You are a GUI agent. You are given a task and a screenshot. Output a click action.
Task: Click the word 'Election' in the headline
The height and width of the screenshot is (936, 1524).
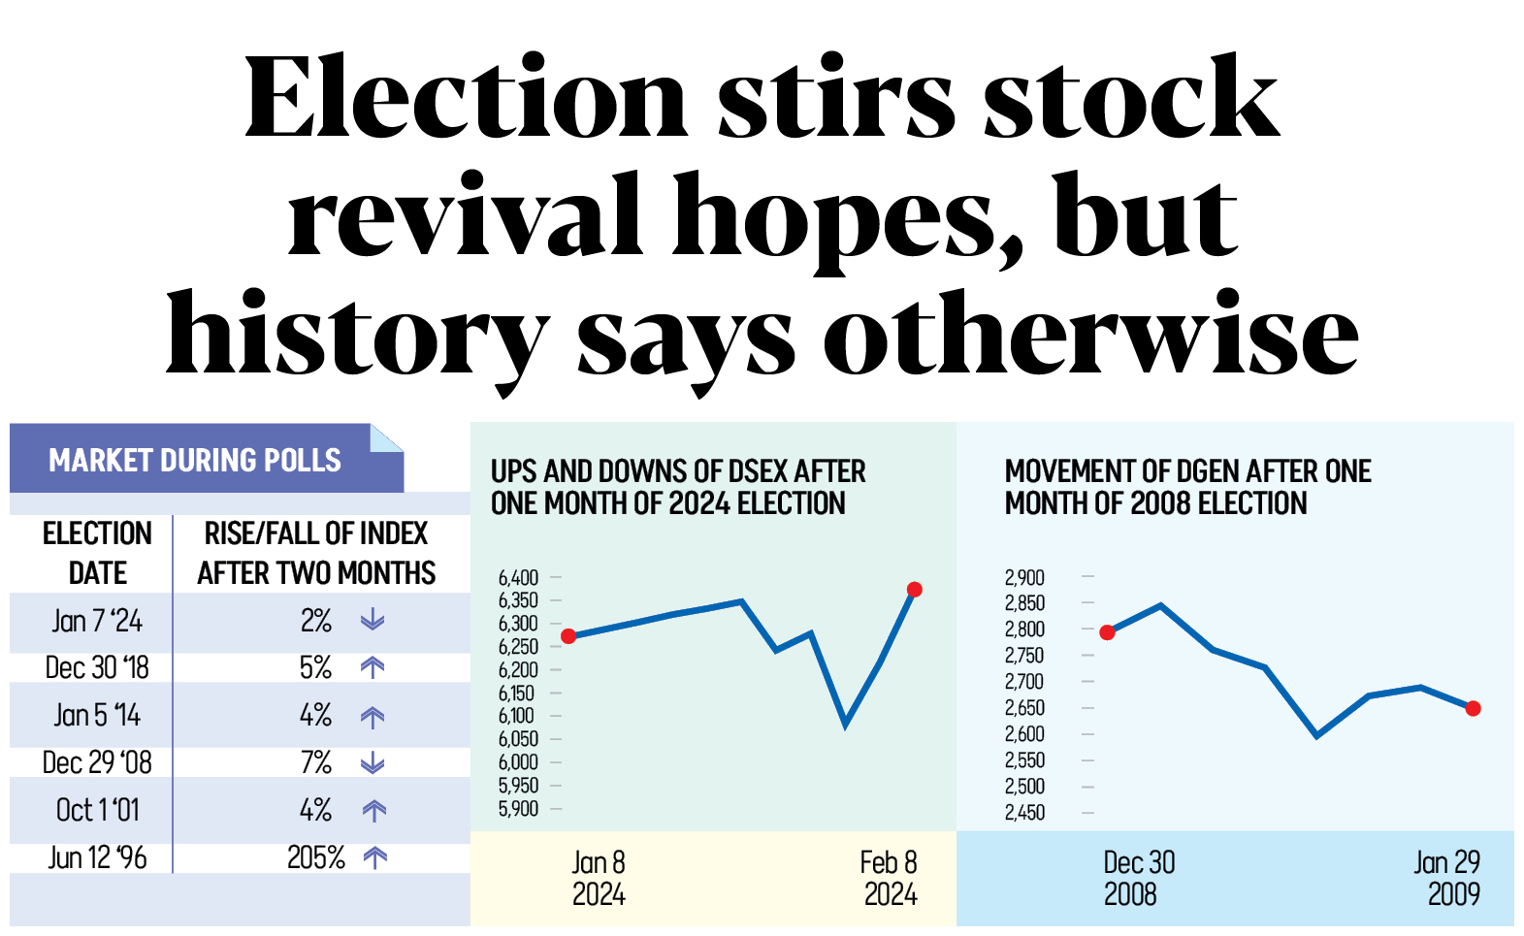[466, 99]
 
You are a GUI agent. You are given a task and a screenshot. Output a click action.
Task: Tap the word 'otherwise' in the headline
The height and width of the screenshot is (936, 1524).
[1090, 336]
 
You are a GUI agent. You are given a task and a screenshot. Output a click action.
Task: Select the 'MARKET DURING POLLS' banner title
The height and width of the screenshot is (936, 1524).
[195, 460]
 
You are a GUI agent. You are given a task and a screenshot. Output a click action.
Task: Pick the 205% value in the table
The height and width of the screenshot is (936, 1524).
[316, 857]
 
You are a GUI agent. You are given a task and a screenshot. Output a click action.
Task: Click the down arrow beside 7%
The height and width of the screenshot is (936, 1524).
[373, 763]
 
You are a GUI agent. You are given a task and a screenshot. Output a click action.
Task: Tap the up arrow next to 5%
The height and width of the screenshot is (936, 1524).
[373, 667]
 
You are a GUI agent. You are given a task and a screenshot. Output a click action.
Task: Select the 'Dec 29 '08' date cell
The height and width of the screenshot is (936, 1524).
[97, 762]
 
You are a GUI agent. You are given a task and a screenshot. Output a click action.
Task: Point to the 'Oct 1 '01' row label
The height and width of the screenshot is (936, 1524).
[98, 810]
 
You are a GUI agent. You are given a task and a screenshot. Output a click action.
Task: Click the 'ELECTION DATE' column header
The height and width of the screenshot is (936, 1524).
[97, 553]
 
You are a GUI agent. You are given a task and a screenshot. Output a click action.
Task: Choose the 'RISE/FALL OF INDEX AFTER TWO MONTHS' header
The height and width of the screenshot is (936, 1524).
[316, 553]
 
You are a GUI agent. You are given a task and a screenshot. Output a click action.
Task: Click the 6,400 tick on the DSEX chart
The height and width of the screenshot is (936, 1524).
[519, 578]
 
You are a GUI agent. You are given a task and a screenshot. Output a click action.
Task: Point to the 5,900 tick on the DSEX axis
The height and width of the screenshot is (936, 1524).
[519, 809]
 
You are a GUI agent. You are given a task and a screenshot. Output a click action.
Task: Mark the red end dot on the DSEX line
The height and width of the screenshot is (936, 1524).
[914, 589]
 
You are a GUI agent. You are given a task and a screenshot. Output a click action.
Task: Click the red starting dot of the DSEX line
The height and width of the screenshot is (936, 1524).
[569, 636]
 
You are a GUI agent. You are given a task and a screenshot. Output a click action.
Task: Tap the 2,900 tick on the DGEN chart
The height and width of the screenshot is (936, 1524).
[1025, 578]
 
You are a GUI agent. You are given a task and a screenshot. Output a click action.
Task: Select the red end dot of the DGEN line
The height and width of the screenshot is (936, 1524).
[1474, 709]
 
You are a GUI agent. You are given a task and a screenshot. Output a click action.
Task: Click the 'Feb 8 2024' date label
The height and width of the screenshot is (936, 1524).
[889, 878]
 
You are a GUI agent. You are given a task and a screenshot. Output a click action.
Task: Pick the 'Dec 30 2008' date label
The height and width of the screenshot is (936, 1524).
[1138, 878]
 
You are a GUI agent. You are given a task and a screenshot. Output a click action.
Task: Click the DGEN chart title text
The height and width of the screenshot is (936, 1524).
[1187, 487]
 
